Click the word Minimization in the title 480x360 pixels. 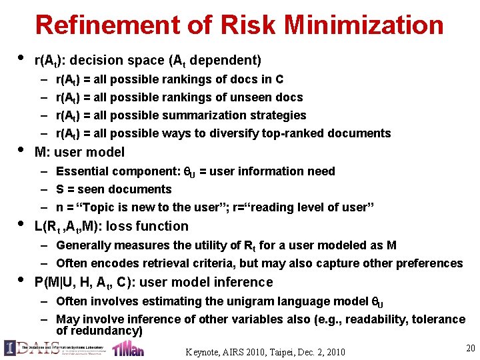363,25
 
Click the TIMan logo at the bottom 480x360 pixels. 128,349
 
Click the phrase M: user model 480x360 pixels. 79,152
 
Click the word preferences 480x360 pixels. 428,263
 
